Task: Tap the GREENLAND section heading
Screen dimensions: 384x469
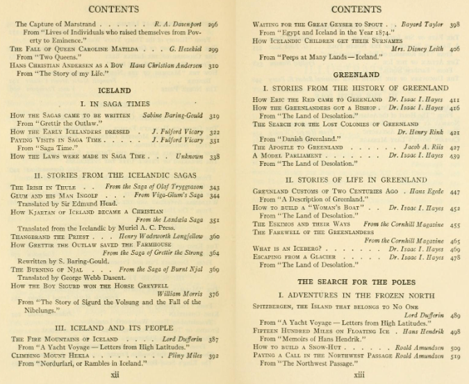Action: pyautogui.click(x=355, y=74)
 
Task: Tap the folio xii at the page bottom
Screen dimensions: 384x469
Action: pyautogui.click(x=115, y=373)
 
